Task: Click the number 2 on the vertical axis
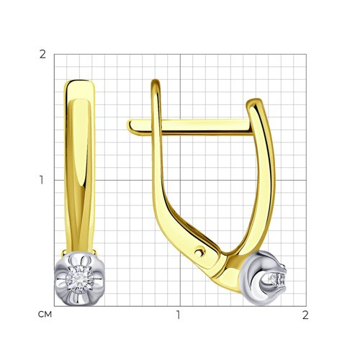(42, 55)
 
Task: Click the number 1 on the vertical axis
(42, 180)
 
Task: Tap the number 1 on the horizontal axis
(178, 315)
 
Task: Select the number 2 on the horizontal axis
(305, 315)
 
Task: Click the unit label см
(45, 315)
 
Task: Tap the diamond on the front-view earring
(79, 279)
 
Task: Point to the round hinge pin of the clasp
(199, 252)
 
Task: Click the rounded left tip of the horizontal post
(130, 126)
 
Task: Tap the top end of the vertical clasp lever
(156, 81)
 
